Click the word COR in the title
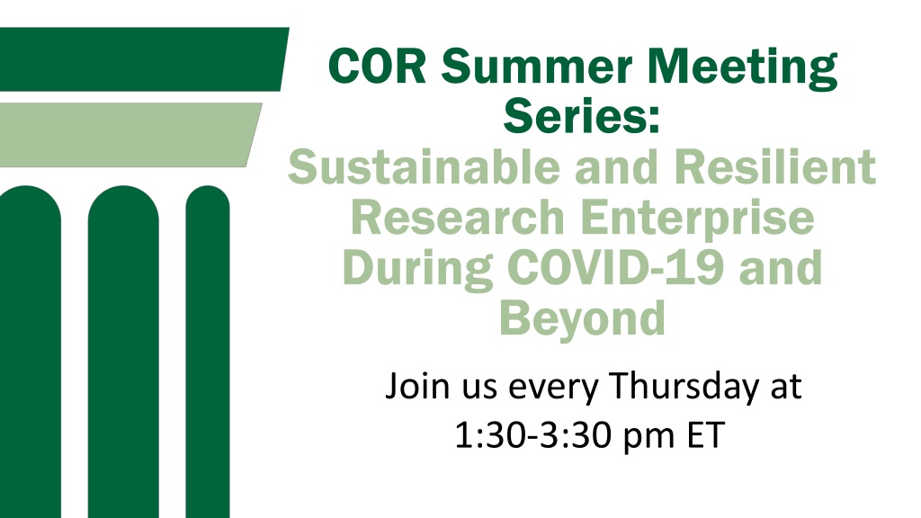coord(377,67)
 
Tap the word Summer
coord(537,67)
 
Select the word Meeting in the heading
coord(742,68)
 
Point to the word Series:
coord(582,116)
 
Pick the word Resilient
coord(775,166)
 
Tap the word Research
coord(458,218)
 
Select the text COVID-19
coord(615,267)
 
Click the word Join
coord(418,388)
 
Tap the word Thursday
coord(684,388)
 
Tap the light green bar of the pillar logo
coord(130,135)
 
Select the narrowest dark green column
coord(208,352)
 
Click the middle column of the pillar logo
coord(123,352)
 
